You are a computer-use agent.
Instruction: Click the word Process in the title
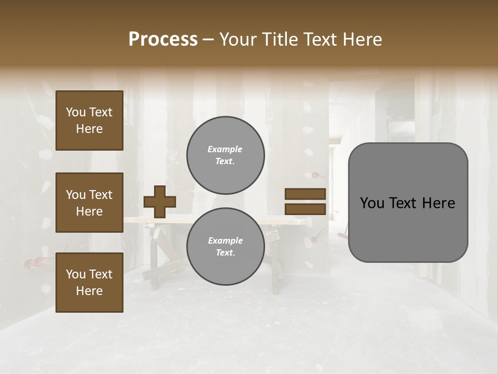click(163, 39)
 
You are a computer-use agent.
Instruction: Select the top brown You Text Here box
click(89, 121)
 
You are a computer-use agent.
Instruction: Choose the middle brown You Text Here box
click(89, 203)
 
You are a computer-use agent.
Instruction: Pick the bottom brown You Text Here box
click(89, 283)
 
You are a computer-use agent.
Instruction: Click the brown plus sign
click(160, 202)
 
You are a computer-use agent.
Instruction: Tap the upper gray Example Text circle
click(225, 155)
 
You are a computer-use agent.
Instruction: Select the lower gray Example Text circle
click(225, 247)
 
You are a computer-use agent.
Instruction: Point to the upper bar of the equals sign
click(305, 194)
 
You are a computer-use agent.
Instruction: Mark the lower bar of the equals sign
click(305, 209)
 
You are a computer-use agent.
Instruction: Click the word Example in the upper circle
click(225, 149)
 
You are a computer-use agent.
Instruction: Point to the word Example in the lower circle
click(225, 241)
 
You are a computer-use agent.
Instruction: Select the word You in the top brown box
click(76, 112)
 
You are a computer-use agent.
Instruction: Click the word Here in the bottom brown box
click(89, 291)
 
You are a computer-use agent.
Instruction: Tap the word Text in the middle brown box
click(100, 195)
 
